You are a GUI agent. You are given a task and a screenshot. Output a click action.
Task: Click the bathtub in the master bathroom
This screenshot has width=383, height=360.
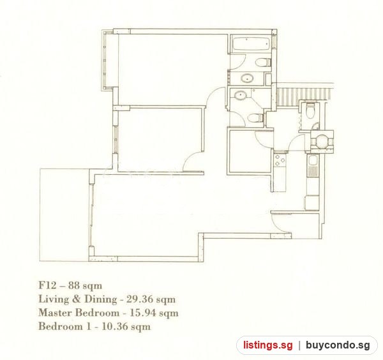pos(251,44)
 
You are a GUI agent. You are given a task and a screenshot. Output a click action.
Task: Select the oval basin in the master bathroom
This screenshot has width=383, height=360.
pos(248,79)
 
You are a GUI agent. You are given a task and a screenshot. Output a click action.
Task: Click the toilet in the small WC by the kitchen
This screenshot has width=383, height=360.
pos(310,110)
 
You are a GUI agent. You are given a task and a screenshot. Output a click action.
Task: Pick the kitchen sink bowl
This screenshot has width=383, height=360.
pos(313,160)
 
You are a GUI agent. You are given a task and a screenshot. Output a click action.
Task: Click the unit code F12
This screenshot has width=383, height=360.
pos(47,285)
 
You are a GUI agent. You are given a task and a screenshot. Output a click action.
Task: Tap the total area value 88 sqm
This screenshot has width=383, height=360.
pos(85,285)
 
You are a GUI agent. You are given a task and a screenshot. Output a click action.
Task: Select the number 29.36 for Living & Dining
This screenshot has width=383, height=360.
pos(139,299)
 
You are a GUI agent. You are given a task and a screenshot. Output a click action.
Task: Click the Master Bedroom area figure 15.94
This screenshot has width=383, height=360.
pos(142,313)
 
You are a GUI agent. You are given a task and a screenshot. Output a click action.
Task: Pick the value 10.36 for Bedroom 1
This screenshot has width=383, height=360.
pos(115,326)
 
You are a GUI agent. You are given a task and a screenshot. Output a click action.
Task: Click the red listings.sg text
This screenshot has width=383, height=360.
pos(267,345)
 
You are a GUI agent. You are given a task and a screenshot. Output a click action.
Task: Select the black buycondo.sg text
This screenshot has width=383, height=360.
pos(338,345)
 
